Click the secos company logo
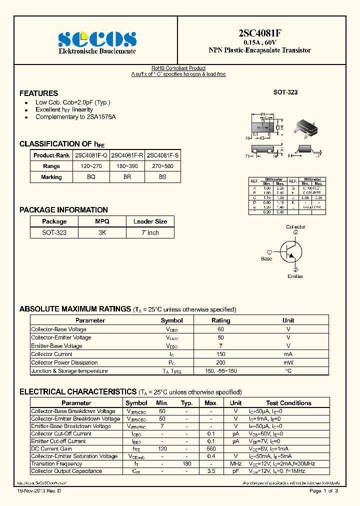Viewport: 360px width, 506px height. coord(97,38)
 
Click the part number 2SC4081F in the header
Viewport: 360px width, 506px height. coord(259,33)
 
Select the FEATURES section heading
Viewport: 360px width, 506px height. coord(38,93)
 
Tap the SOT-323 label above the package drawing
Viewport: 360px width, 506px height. coord(285,92)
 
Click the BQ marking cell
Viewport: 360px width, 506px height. coord(91,177)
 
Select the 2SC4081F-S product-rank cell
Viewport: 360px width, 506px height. coord(163,155)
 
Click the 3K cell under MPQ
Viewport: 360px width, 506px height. coord(102,233)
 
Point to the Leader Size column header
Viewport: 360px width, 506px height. coord(150,221)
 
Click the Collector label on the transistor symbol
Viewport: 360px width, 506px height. coord(295,227)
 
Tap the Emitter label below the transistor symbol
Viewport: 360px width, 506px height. coord(295,276)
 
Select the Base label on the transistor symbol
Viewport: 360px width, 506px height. coord(266,259)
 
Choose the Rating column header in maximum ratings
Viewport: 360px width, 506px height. coord(220,320)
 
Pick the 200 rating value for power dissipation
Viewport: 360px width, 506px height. coord(220,363)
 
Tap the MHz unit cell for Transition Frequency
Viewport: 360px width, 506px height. coord(235,463)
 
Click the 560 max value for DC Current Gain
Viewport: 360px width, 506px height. coord(211,449)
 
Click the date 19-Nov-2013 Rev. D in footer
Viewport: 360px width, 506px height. coord(39,491)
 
